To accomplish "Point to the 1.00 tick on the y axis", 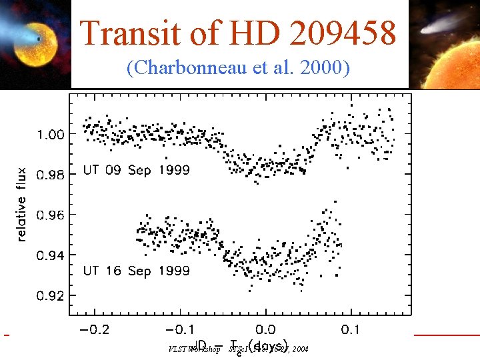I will click(51, 134).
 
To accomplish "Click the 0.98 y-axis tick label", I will click(51, 175).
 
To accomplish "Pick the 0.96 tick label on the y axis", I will click(51, 215).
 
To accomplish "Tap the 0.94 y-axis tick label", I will click(51, 255).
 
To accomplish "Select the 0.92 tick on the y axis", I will click(51, 295).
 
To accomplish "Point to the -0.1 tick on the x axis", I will click(179, 330).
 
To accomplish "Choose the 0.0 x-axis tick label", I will click(265, 330).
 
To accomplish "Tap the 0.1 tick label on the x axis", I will click(350, 330).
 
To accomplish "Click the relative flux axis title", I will click(21, 204).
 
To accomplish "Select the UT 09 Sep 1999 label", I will click(136, 170).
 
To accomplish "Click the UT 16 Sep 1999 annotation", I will click(136, 271).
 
